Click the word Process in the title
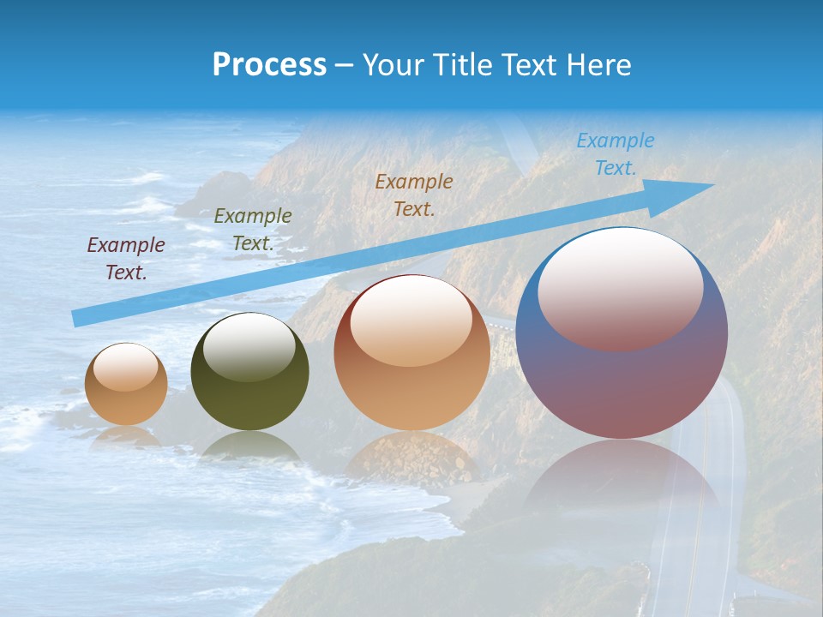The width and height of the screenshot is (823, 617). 269,65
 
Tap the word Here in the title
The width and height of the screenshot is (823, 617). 598,65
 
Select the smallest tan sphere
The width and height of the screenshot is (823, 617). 126,384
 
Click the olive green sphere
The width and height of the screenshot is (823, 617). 249,372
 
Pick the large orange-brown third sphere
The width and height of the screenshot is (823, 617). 411,353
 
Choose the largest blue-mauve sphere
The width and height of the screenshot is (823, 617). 622,333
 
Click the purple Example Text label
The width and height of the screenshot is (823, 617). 126,259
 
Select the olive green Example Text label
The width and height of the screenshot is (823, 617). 253,230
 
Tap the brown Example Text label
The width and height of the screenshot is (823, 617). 414,195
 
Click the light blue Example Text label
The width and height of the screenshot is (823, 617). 615,154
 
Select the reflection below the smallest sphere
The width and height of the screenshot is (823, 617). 126,435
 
